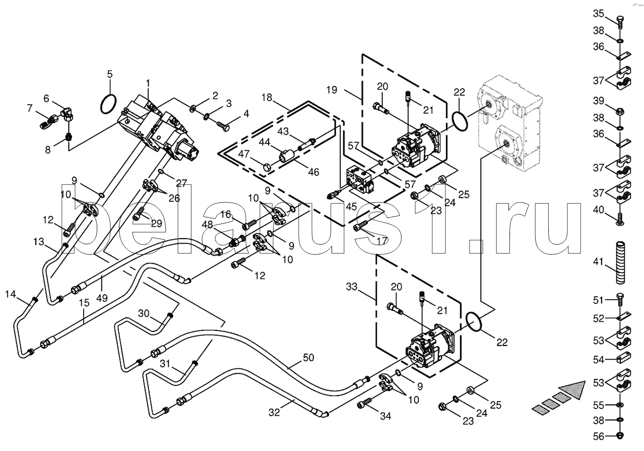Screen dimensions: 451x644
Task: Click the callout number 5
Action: [110, 75]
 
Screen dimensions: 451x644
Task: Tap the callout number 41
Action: [598, 262]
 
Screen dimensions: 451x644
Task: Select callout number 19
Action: [332, 90]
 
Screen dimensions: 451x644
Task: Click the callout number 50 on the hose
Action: [308, 358]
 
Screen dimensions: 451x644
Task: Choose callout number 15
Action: [84, 302]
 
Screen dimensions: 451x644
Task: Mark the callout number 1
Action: [148, 82]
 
